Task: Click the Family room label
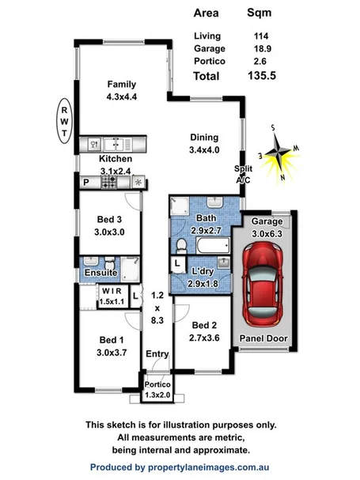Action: click(123, 90)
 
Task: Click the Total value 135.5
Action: click(259, 76)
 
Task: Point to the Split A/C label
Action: click(243, 175)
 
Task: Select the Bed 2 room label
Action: click(203, 331)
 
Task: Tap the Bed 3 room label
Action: click(108, 225)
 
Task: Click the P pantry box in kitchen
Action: click(85, 181)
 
